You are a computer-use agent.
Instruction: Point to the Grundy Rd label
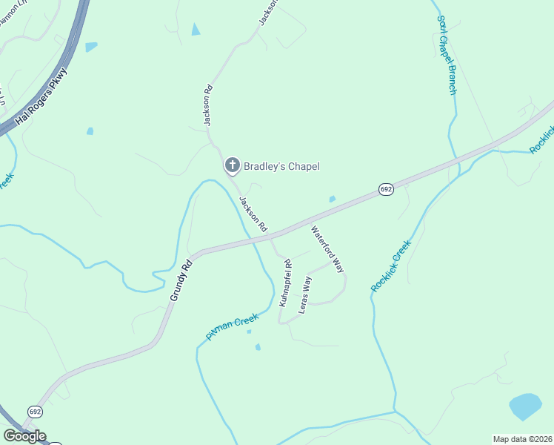click(x=181, y=280)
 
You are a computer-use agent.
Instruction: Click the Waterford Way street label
click(x=327, y=249)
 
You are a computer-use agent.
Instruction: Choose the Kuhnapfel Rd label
click(x=285, y=283)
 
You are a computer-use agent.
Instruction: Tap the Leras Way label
click(x=305, y=294)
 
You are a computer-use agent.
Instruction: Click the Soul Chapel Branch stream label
click(x=447, y=55)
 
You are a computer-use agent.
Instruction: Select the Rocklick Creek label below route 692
click(x=392, y=266)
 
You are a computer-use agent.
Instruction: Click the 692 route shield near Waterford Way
click(x=386, y=190)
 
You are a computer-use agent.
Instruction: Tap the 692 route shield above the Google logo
click(x=35, y=410)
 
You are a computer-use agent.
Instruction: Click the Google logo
click(x=24, y=436)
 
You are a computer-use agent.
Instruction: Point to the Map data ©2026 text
click(x=522, y=439)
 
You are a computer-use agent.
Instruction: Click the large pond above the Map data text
click(x=525, y=406)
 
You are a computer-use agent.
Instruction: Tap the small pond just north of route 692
click(x=332, y=199)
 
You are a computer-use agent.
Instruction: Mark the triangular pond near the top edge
click(x=196, y=29)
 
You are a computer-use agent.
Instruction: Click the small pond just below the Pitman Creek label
click(x=258, y=346)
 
